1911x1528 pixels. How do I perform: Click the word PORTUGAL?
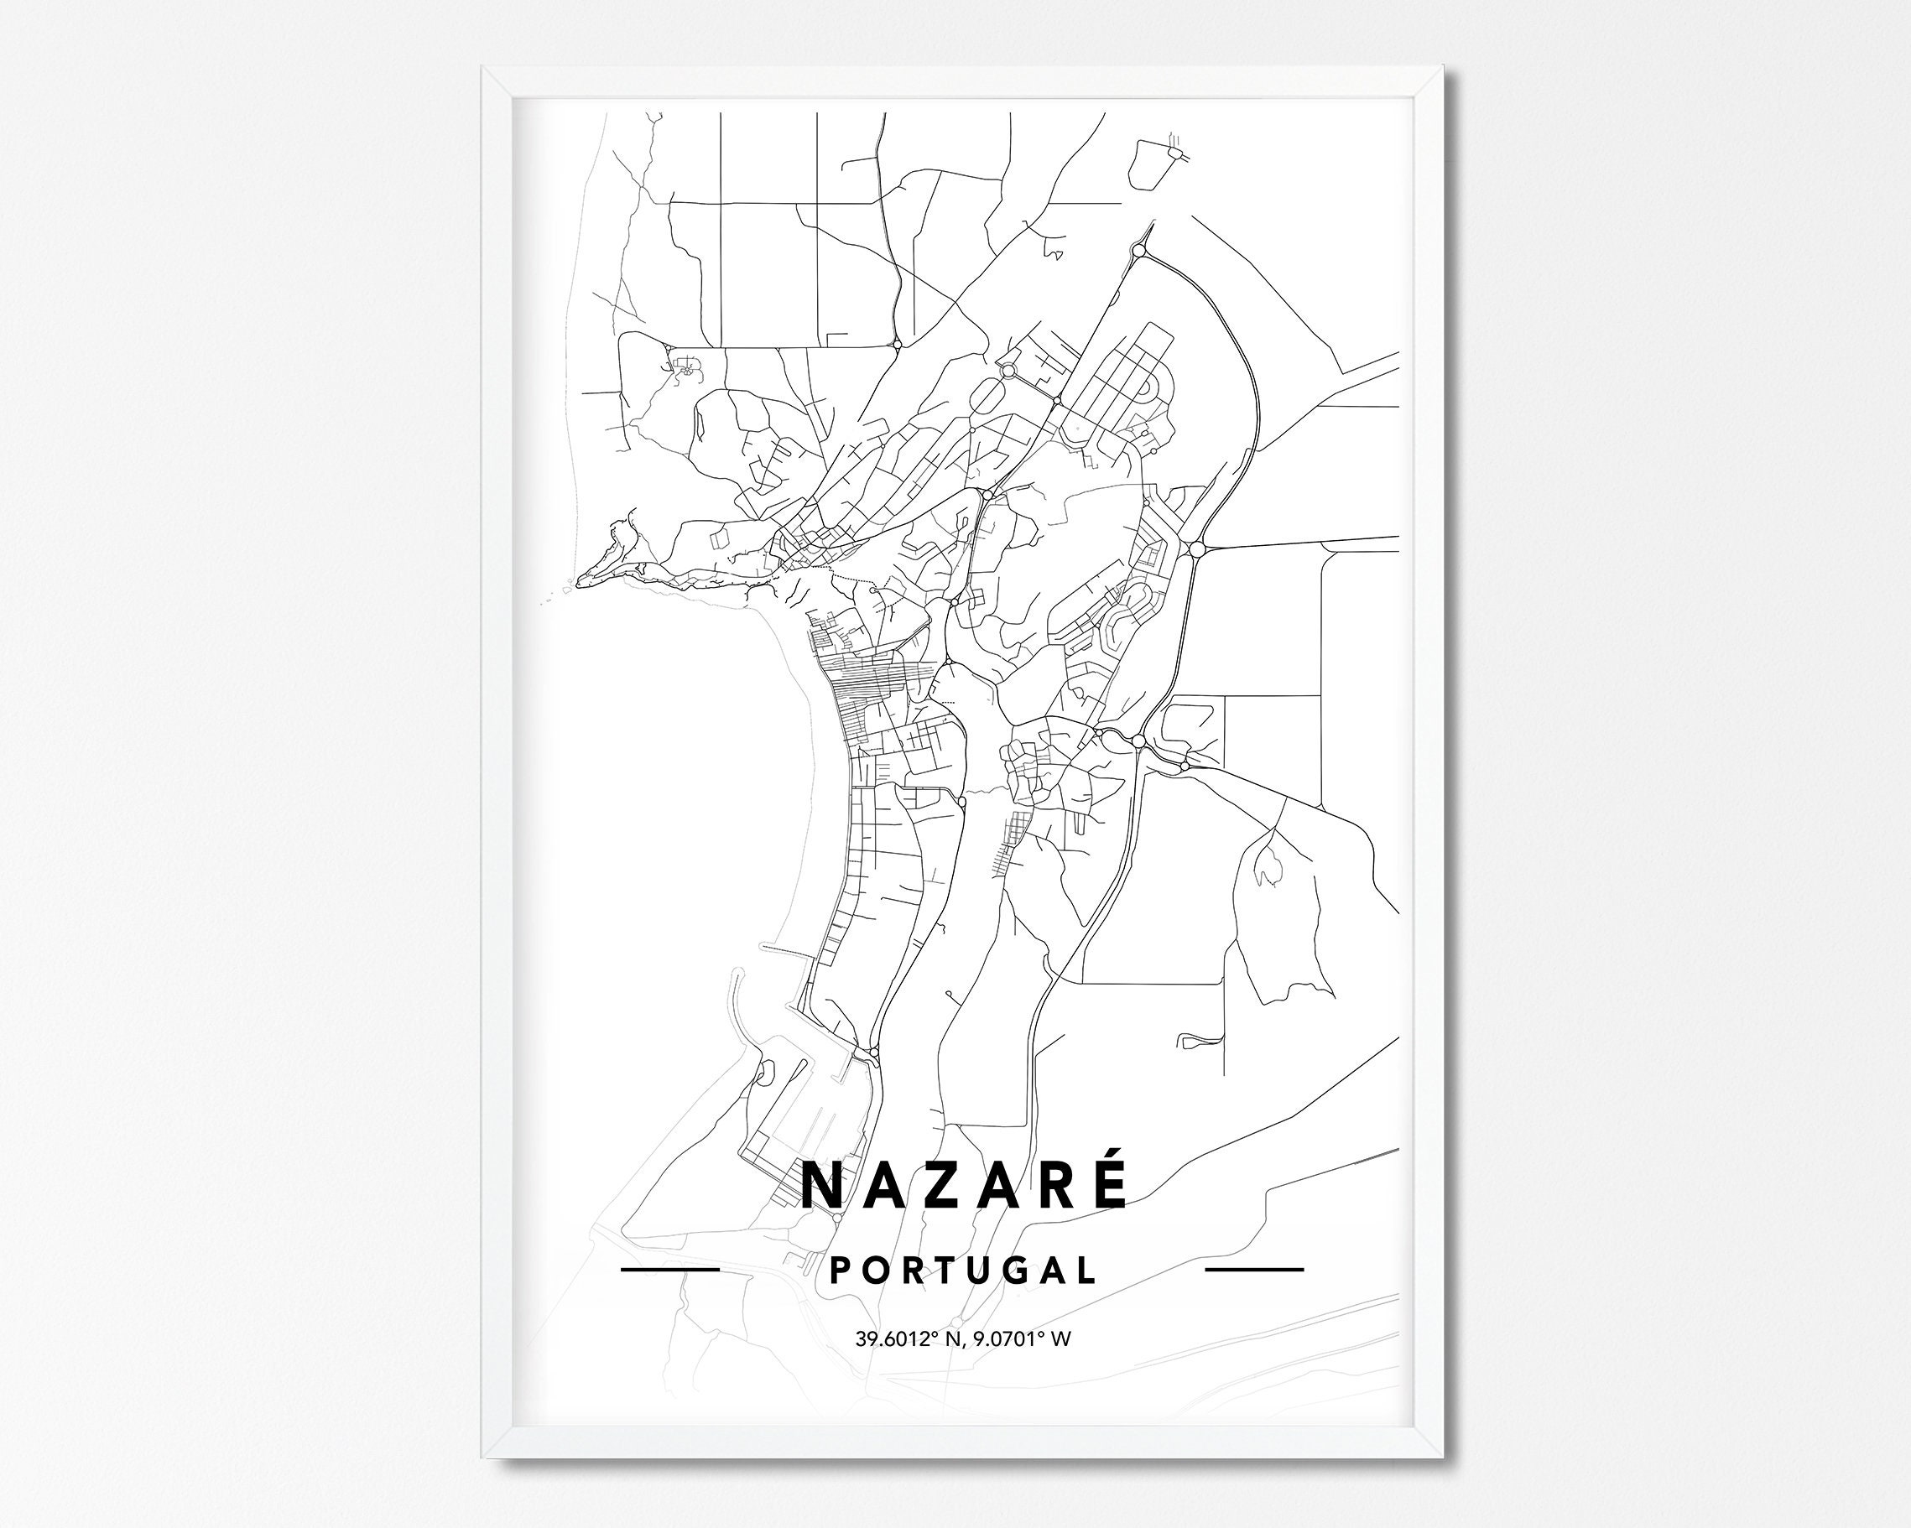pyautogui.click(x=961, y=1270)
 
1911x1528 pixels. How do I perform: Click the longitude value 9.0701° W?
pyautogui.click(x=1022, y=1338)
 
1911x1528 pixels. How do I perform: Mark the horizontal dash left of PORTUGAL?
pyautogui.click(x=669, y=1269)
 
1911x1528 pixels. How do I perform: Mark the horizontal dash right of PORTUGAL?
pyautogui.click(x=1255, y=1269)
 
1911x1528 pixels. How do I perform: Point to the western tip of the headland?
pyautogui.click(x=580, y=580)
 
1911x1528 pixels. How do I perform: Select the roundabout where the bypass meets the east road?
pyautogui.click(x=1196, y=549)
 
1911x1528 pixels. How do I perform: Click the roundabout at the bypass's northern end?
pyautogui.click(x=1139, y=252)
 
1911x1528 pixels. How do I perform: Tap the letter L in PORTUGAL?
pyautogui.click(x=1086, y=1270)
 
